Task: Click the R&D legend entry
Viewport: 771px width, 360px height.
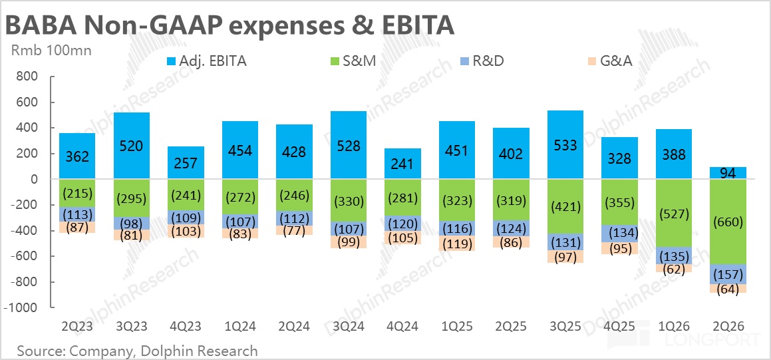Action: pos(486,62)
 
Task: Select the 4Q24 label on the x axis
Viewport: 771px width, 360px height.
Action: pos(402,326)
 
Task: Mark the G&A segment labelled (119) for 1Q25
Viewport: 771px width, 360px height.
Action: pos(457,244)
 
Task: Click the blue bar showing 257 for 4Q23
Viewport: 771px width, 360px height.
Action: pos(185,163)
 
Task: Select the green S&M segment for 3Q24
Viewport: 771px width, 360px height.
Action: pos(348,200)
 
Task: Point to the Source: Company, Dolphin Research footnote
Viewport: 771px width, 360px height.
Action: pos(137,350)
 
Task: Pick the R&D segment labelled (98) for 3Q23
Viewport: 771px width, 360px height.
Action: pos(130,223)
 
